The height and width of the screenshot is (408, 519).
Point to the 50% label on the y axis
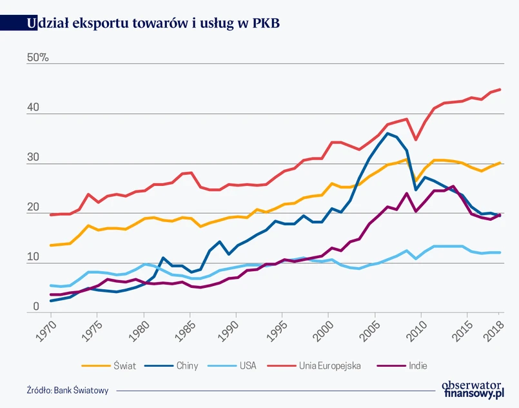click(x=37, y=58)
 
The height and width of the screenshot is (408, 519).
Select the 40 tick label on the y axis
click(x=32, y=108)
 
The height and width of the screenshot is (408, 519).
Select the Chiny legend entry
click(x=187, y=365)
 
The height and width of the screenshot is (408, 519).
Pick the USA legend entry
click(x=248, y=365)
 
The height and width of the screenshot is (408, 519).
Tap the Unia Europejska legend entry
click(x=329, y=365)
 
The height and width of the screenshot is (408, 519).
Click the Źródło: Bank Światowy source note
click(x=68, y=391)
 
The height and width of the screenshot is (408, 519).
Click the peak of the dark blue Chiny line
click(x=387, y=134)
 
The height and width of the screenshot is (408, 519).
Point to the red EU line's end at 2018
click(x=500, y=90)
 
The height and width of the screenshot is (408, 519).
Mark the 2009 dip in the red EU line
click(x=416, y=139)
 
